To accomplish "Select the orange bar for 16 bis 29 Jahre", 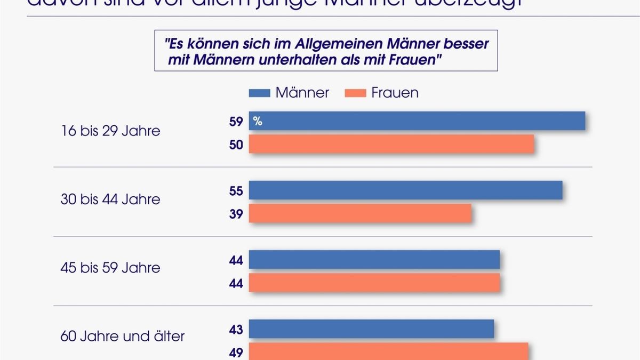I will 391,144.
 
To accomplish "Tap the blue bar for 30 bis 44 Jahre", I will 405,190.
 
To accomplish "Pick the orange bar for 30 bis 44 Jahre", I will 360,214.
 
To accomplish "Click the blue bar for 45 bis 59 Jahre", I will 374,260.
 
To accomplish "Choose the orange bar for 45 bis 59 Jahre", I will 374,283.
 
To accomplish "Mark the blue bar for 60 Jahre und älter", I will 371,329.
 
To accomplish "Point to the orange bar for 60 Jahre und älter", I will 388,351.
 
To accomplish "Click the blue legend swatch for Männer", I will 259,93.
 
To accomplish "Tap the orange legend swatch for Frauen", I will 352,93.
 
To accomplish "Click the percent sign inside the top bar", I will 258,122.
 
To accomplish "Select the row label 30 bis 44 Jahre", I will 110,199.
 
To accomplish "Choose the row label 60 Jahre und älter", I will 122,337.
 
